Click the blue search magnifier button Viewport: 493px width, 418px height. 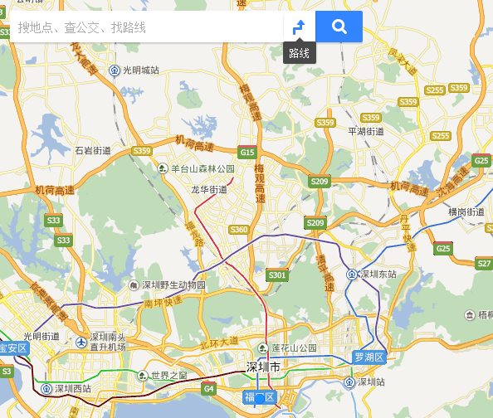coord(339,27)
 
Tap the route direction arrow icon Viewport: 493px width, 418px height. coord(300,27)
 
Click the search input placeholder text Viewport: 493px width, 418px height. coord(81,27)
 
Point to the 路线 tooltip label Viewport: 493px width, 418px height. coord(300,53)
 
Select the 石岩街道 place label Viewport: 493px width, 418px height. coord(92,150)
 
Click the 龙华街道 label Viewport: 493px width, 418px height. coord(209,190)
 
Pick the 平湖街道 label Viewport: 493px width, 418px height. coord(365,131)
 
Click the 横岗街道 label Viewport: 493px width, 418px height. coord(466,212)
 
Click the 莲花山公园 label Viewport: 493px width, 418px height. coord(294,348)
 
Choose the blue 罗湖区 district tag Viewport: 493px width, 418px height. coord(369,357)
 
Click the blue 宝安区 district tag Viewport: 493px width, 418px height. coord(13,348)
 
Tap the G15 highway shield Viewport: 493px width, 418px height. coord(247,152)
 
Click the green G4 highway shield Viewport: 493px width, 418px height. coord(209,388)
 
